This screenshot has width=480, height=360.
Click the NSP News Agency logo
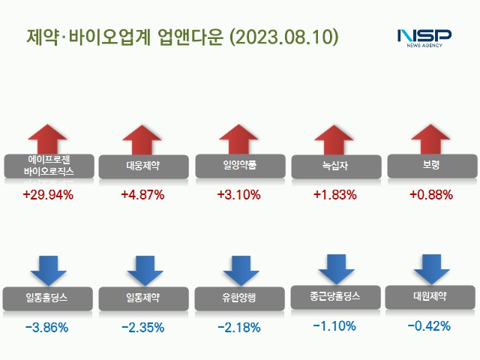pos(424,37)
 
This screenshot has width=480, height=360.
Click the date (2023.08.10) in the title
pos(283,37)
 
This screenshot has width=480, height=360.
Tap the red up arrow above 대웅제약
pos(142,140)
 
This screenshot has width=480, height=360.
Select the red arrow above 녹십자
pos(334,140)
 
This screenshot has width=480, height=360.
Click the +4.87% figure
pos(142,195)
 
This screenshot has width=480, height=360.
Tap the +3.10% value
pos(238,195)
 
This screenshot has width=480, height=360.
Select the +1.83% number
pos(334,195)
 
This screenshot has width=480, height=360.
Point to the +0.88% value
pos(431,195)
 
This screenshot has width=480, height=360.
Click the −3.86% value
pos(46,327)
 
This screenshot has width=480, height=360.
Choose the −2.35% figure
pos(142,327)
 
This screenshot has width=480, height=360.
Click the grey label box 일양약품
pos(240,164)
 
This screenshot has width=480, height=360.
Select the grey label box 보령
pos(431,164)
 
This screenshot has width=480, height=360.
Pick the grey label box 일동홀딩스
pos(48,298)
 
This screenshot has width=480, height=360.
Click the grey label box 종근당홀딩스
pos(335,296)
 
